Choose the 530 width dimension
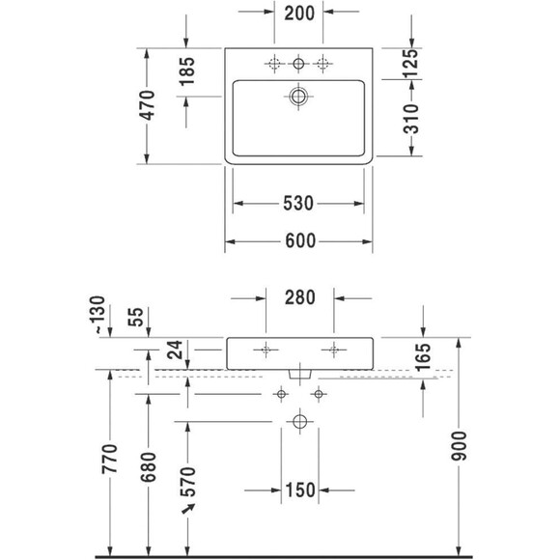click(298, 204)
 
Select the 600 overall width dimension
click(298, 242)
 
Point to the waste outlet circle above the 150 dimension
click(298, 422)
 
